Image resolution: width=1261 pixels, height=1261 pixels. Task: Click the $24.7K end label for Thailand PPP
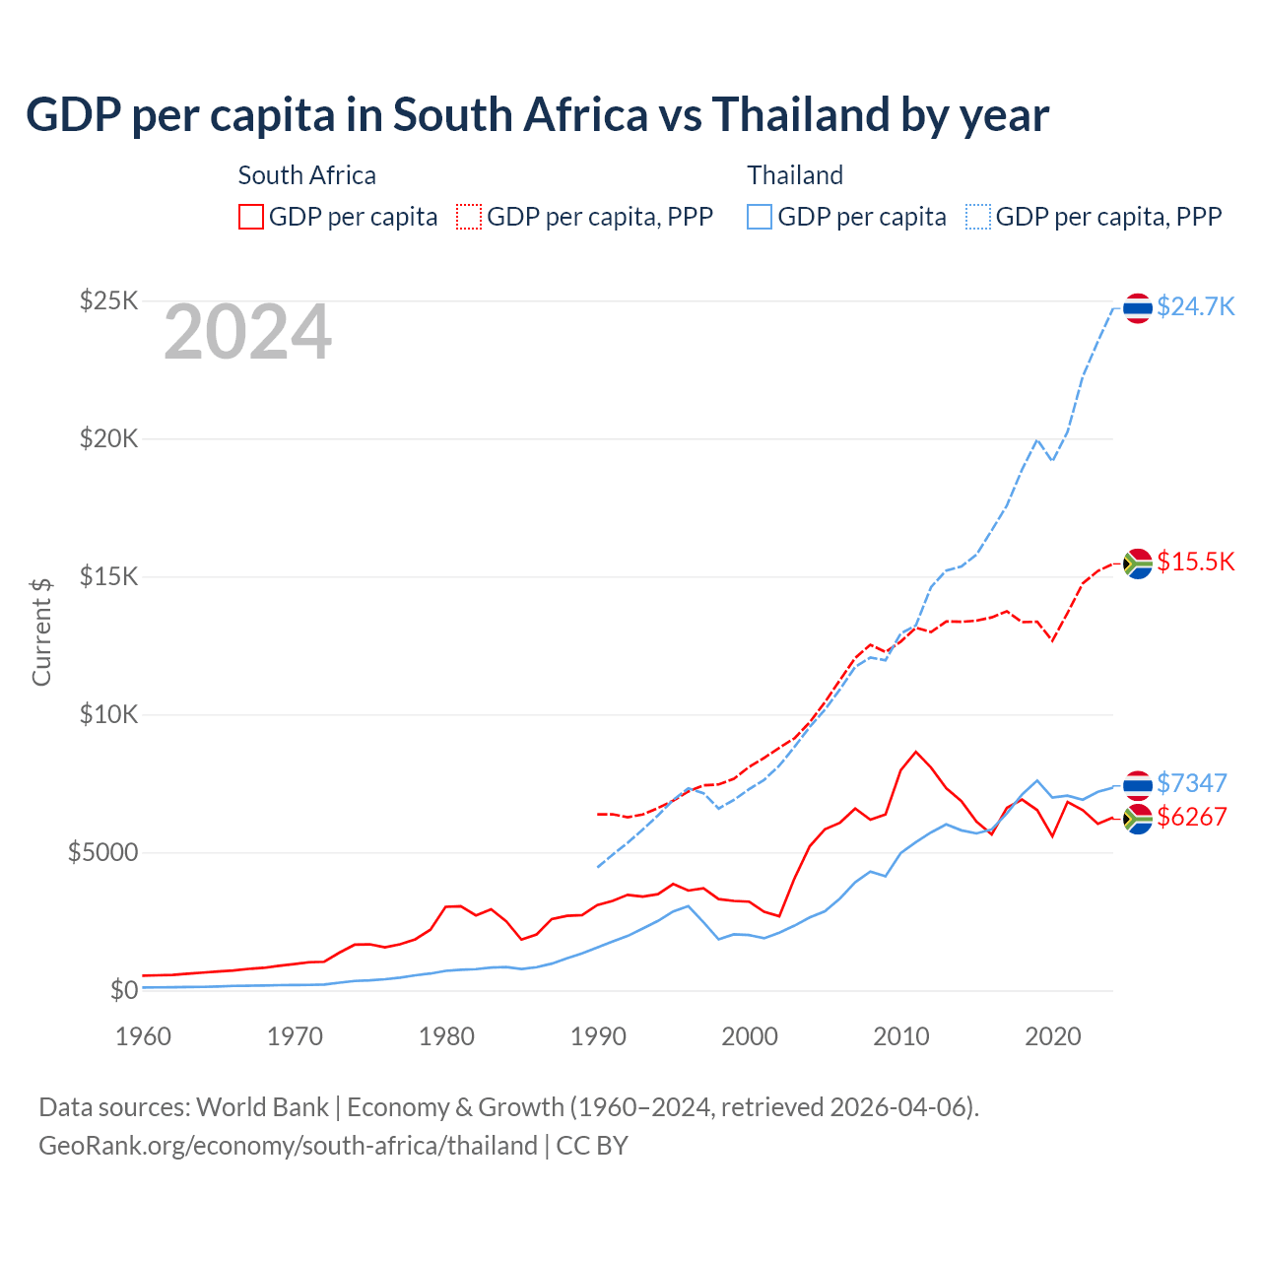[1195, 306]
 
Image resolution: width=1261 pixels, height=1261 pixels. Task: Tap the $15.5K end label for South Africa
[1195, 562]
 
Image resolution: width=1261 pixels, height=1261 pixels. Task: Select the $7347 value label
[1191, 783]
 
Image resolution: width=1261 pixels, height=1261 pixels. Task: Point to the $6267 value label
[1191, 817]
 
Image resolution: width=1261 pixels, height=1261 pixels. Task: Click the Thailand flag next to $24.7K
[1138, 308]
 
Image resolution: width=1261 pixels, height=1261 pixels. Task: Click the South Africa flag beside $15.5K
[1138, 564]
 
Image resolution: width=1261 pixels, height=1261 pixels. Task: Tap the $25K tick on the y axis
[108, 300]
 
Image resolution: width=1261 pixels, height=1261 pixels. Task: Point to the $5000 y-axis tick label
[102, 852]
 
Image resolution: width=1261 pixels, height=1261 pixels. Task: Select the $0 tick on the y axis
[123, 990]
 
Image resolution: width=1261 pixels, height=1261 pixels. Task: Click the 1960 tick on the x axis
[143, 1036]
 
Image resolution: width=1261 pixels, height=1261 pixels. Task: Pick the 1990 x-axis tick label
[598, 1036]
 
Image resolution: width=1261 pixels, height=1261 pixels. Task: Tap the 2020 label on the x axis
[1053, 1036]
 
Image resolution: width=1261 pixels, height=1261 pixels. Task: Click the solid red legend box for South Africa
[251, 217]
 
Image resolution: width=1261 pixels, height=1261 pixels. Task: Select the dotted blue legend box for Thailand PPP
[978, 217]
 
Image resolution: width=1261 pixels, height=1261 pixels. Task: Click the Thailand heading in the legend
[795, 175]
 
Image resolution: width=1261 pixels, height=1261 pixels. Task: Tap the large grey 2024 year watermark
[247, 333]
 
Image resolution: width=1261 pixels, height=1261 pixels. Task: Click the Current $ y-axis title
[41, 631]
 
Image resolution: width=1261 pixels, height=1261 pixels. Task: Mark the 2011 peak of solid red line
[916, 752]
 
